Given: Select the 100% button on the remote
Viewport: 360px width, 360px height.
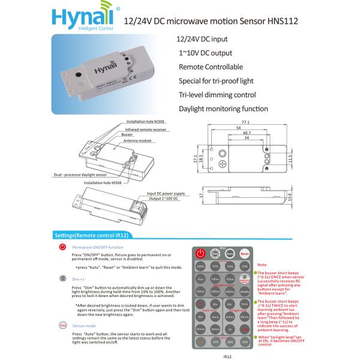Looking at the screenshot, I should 200,266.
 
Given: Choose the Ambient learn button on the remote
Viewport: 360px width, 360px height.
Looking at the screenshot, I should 244,280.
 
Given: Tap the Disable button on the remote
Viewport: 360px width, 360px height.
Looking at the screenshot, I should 244,292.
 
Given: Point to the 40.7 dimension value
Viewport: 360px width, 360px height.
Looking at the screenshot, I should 246,133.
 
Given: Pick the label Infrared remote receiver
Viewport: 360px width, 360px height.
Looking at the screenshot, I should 146,130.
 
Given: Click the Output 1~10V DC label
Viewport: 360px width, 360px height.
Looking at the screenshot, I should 163,198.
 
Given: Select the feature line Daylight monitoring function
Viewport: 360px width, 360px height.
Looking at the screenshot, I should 223,109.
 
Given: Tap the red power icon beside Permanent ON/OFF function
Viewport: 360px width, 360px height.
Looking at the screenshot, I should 63,247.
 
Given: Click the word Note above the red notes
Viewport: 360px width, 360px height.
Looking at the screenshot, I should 262,265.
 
